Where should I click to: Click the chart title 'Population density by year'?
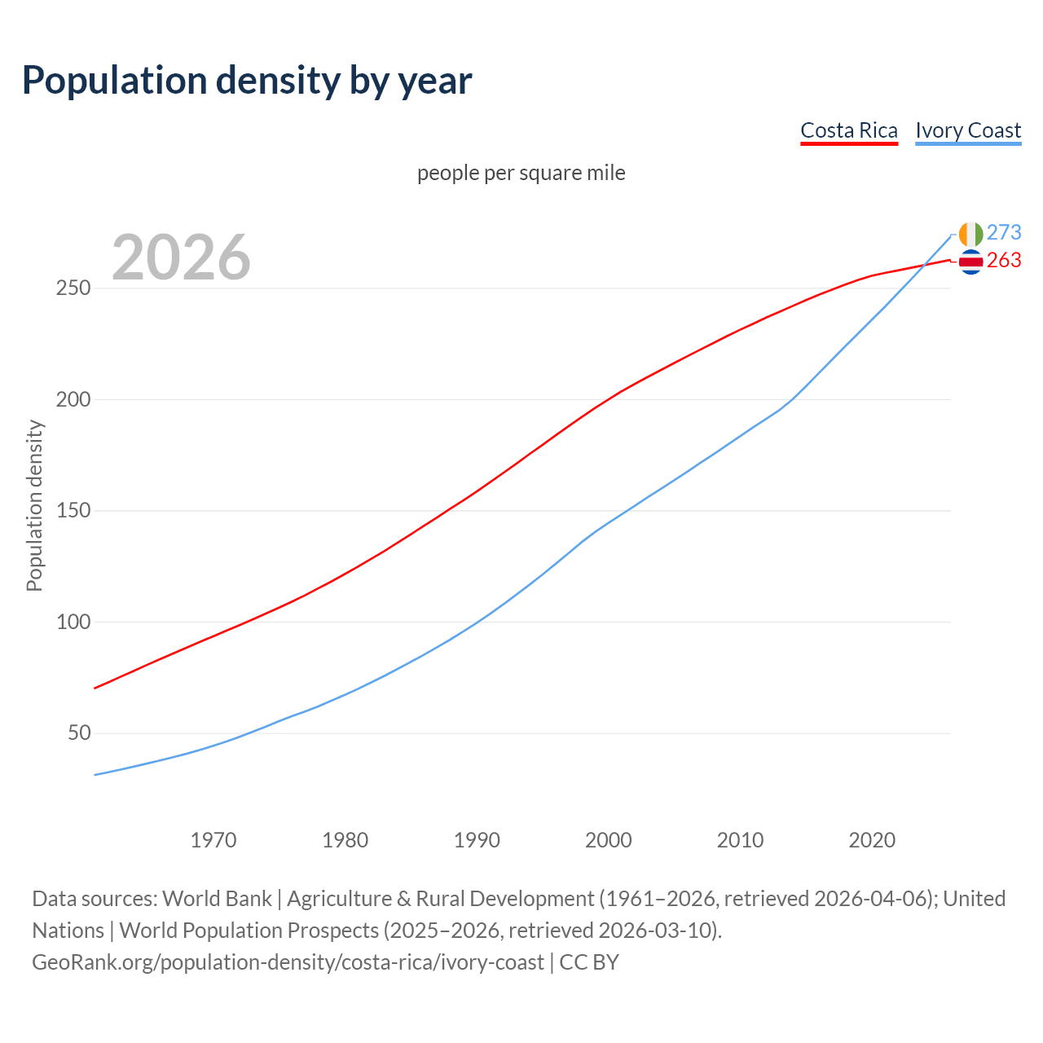[x=247, y=80]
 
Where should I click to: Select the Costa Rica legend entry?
[x=848, y=130]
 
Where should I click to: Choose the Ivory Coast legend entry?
[x=968, y=130]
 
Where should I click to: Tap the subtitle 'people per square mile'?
[x=521, y=173]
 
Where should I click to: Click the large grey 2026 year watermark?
[x=181, y=257]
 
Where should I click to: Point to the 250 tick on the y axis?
[x=73, y=288]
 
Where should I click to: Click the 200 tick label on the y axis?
[x=73, y=400]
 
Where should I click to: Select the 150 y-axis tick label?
[x=73, y=511]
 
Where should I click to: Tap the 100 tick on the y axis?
[x=73, y=623]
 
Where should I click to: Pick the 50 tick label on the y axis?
[x=77, y=733]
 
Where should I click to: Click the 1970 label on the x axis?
[x=213, y=840]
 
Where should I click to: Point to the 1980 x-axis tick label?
[x=345, y=840]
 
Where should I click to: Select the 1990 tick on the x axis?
[x=477, y=840]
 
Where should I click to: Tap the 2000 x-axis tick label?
[x=609, y=840]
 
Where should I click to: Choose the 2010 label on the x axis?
[x=740, y=840]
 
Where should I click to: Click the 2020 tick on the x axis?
[x=872, y=840]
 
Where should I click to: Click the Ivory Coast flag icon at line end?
[x=970, y=234]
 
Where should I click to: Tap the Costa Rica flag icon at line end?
[x=970, y=262]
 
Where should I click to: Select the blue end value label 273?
[x=1004, y=233]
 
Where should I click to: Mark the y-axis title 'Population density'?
[x=34, y=505]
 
